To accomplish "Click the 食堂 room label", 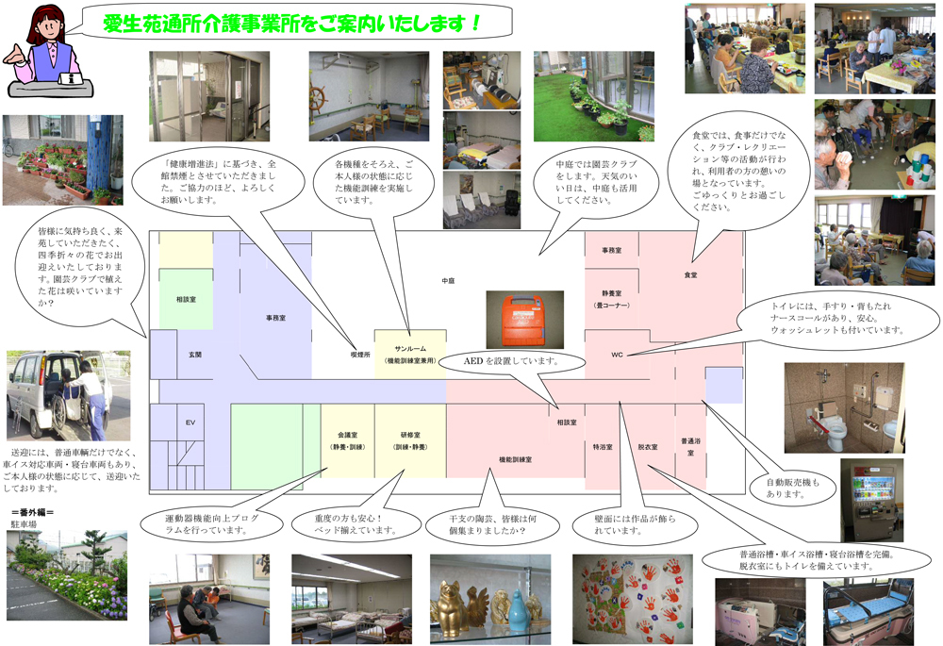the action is coord(690,274).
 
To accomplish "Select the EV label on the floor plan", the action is coord(190,422).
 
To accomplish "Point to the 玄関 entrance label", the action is coord(195,355).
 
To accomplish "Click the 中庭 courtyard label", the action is coord(449,281).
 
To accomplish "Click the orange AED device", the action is coord(524,319).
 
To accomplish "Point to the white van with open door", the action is coord(47,389).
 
